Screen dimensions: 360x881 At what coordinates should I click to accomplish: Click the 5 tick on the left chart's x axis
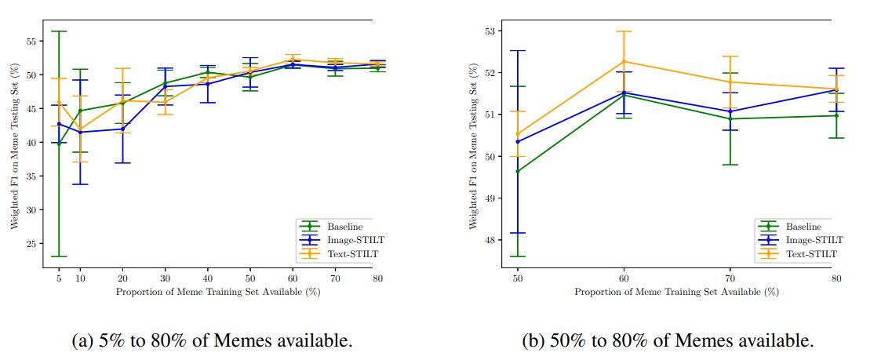[59, 278]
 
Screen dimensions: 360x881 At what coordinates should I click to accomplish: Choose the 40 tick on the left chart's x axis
[207, 278]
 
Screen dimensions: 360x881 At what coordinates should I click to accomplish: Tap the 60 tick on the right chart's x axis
[624, 278]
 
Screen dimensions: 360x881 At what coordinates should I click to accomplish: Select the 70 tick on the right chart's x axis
[730, 278]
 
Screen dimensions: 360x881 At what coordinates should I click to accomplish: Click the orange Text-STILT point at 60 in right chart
[624, 61]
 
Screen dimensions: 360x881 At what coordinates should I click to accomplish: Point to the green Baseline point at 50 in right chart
[518, 171]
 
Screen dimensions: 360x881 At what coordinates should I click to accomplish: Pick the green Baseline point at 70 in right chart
[730, 118]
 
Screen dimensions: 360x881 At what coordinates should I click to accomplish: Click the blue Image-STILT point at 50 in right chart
[518, 142]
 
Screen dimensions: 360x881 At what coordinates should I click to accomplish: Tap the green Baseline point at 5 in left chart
[59, 144]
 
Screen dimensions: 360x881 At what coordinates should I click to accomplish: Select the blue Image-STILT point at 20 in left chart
[122, 129]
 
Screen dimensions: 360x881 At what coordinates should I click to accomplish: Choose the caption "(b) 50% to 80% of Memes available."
[668, 340]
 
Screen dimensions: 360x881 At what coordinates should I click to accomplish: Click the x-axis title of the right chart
[676, 292]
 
